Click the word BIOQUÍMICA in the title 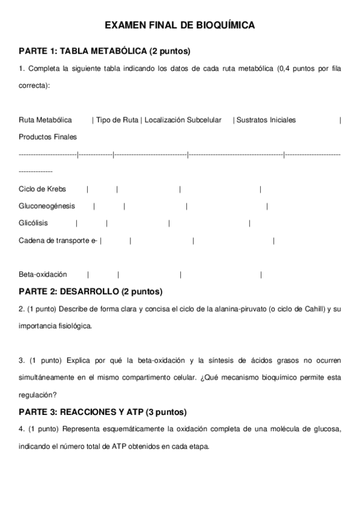tap(221, 25)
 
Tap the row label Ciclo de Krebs tap(42, 189)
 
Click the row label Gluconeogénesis tap(47, 206)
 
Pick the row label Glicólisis tap(33, 223)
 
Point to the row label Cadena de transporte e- tap(58, 241)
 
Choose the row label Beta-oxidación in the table tap(43, 274)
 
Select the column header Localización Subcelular tap(183, 120)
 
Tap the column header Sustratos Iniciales tap(266, 120)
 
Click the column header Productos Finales tap(47, 137)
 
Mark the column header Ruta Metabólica tap(45, 120)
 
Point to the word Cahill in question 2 tap(313, 309)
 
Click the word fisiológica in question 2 tap(75, 326)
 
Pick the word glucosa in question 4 tap(329, 429)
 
